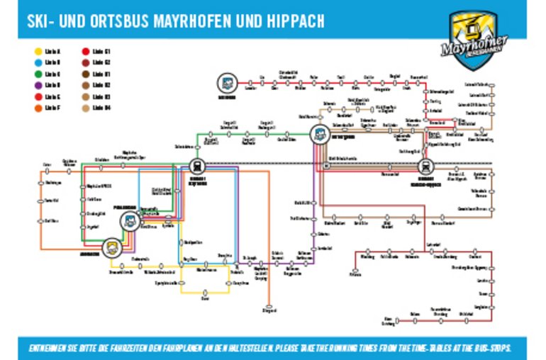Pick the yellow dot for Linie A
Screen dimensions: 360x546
(38, 52)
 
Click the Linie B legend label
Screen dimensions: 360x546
(52, 62)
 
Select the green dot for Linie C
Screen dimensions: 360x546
(38, 74)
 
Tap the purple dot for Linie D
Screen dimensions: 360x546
(38, 85)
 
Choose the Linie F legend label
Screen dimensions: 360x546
(52, 108)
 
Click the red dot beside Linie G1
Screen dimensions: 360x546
(85, 52)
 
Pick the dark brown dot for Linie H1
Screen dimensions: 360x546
(85, 74)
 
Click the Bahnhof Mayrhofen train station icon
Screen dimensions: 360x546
(197, 166)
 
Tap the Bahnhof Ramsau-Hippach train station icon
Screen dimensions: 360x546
(426, 166)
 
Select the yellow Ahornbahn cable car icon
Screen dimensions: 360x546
(111, 247)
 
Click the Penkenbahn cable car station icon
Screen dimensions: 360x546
(130, 221)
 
